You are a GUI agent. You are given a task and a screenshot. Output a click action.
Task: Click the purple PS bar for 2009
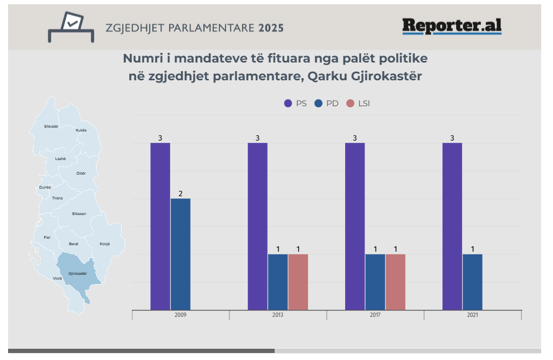tap(160, 226)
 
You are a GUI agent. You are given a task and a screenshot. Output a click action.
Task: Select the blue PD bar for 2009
tap(180, 254)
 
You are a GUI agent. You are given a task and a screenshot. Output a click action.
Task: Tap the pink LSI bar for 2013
tap(298, 282)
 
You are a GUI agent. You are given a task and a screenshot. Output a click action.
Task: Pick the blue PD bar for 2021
tap(472, 282)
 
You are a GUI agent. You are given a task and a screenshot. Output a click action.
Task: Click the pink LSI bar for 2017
tap(395, 282)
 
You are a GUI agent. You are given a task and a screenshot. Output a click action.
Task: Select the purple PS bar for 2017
tap(354, 226)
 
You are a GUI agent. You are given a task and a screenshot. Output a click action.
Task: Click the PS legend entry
tap(296, 103)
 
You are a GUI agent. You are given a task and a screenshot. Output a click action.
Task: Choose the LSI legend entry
tap(359, 103)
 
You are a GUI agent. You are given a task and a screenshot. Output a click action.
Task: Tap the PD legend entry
tap(327, 103)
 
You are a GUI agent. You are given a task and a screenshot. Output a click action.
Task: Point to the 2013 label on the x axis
tap(278, 315)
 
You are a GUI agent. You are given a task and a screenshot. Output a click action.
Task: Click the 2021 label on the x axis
tap(472, 315)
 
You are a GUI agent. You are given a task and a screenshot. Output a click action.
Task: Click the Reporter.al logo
tap(451, 26)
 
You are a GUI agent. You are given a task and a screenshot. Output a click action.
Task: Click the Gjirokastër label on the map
tap(78, 274)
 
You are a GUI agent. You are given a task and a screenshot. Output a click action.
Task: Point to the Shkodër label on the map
tap(51, 127)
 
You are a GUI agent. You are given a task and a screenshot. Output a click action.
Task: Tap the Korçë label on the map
tap(104, 244)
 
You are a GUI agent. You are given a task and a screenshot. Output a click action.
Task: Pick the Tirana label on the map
tap(57, 198)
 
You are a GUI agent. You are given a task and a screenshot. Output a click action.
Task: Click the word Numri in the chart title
tap(142, 58)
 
